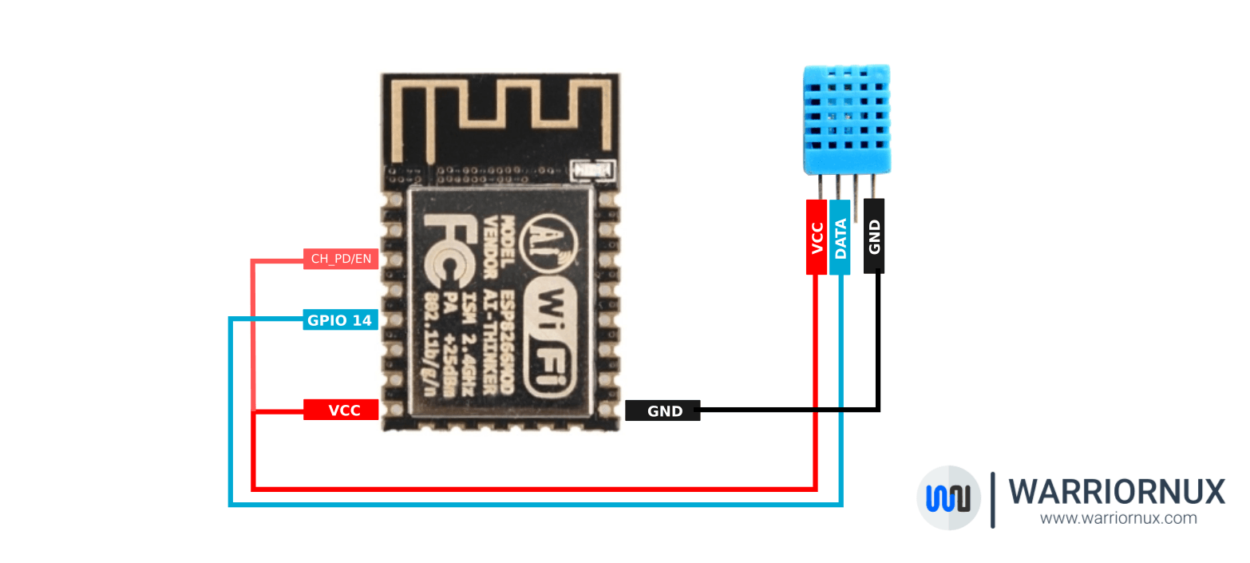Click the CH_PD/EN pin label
point(341,259)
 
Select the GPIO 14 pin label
point(340,320)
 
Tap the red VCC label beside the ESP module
point(341,410)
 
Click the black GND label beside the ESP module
point(663,410)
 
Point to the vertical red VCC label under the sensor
point(817,236)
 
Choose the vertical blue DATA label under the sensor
point(840,236)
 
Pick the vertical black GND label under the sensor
point(874,236)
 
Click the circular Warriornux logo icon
point(948,498)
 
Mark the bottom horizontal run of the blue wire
point(535,504)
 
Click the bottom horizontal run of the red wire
point(535,488)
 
